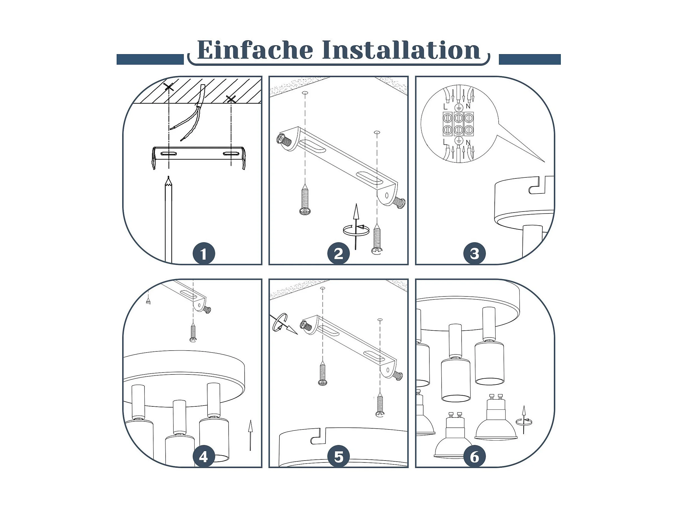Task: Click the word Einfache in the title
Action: coord(255,50)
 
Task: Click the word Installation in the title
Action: coord(401,50)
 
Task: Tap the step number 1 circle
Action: coord(204,254)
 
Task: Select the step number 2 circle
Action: coord(338,254)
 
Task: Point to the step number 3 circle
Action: coord(474,254)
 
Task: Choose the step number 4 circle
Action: coord(204,457)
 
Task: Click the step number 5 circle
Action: coord(338,457)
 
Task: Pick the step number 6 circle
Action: coord(474,457)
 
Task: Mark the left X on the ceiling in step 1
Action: coord(169,87)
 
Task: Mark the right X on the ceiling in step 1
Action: coord(231,99)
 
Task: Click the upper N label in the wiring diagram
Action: coord(468,106)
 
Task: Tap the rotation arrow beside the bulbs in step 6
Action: coord(524,420)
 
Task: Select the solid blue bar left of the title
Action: coord(150,59)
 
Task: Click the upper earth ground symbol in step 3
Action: coord(458,107)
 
